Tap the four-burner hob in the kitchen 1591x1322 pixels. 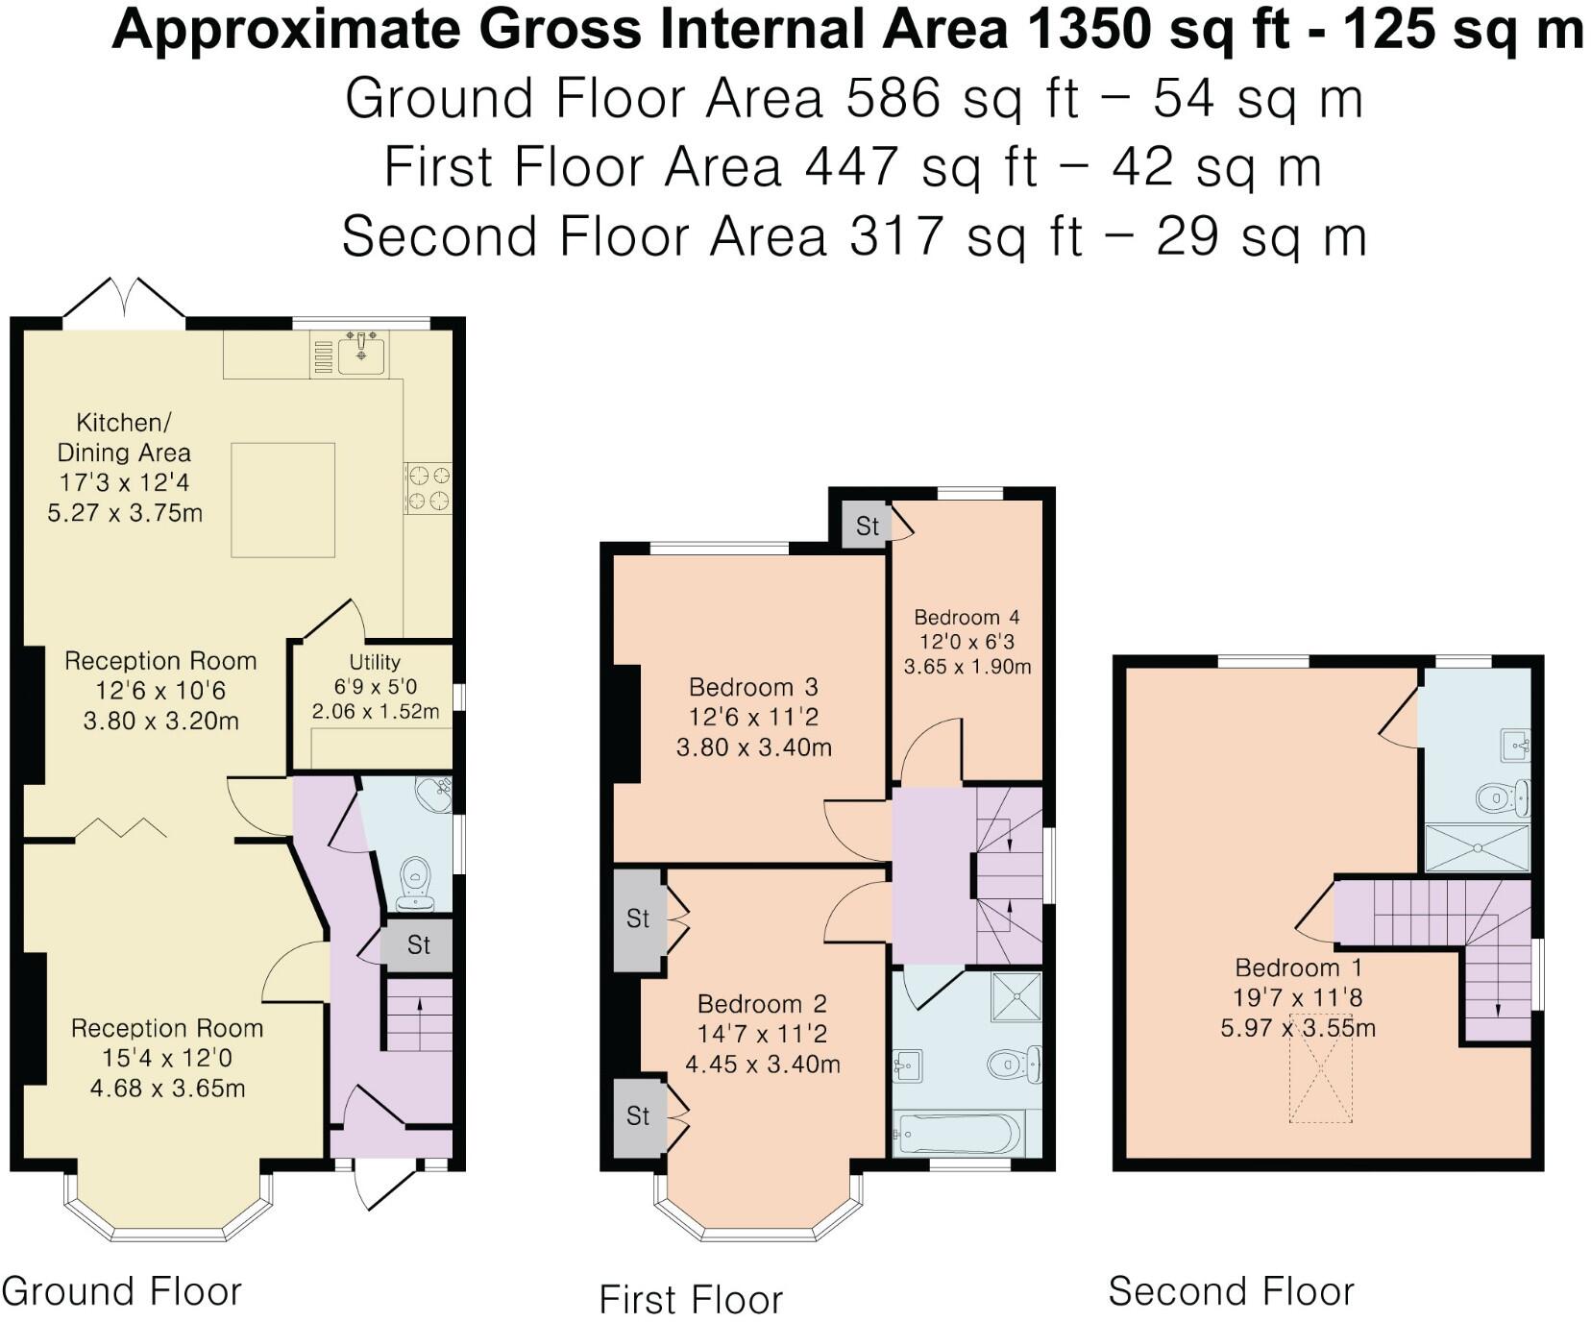(x=428, y=487)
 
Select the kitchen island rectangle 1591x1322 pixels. (x=282, y=500)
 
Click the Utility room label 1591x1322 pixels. (x=375, y=662)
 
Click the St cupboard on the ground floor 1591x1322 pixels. (x=418, y=945)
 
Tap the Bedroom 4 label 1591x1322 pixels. (x=967, y=618)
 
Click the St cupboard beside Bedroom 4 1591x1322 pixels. (x=867, y=526)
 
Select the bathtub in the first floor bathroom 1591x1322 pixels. (x=957, y=1135)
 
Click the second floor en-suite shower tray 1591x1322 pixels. (x=1476, y=848)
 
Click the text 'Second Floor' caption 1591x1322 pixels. (x=1231, y=1291)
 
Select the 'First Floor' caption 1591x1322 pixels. (x=691, y=1300)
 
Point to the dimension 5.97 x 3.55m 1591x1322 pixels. (x=1297, y=1028)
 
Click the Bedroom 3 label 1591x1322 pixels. (x=753, y=687)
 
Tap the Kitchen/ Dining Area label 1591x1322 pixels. (x=124, y=437)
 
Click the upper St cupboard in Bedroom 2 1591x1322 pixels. (x=638, y=918)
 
